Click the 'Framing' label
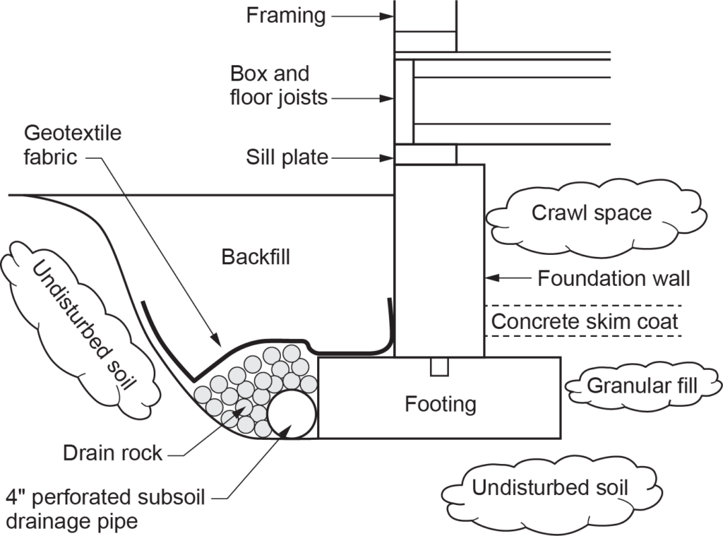tap(285, 15)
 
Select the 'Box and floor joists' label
tap(279, 85)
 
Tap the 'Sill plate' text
tap(287, 157)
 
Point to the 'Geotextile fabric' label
tap(72, 144)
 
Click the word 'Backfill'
tap(256, 256)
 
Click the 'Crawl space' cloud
tap(592, 213)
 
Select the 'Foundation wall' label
tap(614, 278)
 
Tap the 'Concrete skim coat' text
tap(585, 322)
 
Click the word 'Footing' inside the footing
tap(440, 404)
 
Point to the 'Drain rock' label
tap(112, 453)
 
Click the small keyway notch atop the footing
tap(439, 367)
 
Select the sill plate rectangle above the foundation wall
tap(424, 154)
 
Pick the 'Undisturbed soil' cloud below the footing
tap(550, 488)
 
